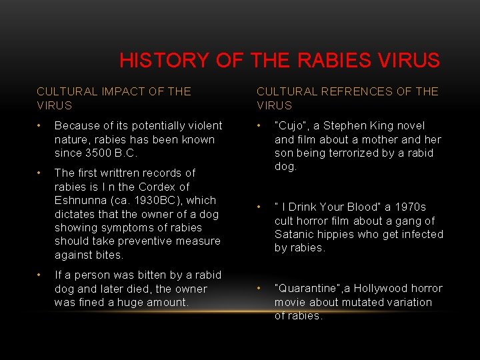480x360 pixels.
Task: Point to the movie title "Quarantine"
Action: point(308,289)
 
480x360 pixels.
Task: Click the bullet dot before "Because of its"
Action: point(41,125)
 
